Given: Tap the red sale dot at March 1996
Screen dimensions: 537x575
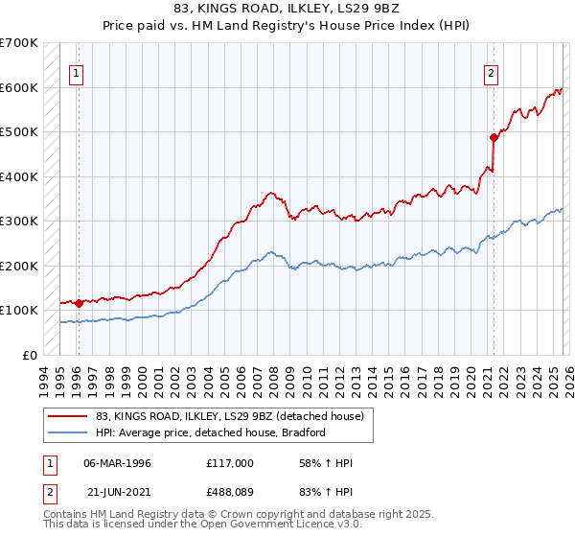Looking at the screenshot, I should click(79, 303).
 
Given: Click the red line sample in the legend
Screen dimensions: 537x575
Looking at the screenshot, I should click(68, 417).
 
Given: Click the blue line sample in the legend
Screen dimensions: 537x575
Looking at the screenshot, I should click(68, 432).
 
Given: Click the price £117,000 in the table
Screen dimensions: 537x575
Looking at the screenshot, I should click(229, 463).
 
